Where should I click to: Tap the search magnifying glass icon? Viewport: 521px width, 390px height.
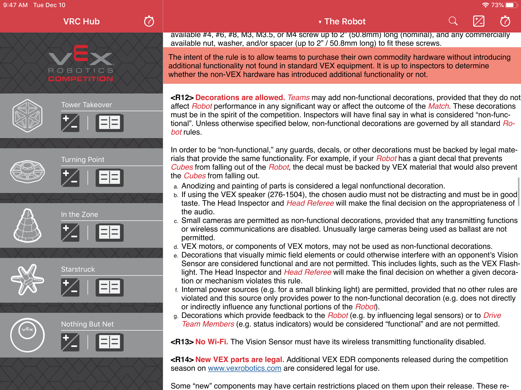(453, 21)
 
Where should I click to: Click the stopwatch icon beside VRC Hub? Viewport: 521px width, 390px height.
(149, 21)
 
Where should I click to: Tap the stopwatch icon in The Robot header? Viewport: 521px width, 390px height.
(505, 21)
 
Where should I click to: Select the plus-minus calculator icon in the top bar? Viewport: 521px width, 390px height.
(479, 21)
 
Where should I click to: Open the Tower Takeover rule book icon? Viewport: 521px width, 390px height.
(110, 123)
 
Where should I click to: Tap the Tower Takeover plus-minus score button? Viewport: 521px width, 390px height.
(70, 123)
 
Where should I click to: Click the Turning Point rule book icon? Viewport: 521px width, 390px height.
(110, 178)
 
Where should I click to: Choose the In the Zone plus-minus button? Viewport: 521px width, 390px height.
(70, 233)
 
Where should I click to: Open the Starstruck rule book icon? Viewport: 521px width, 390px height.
(110, 287)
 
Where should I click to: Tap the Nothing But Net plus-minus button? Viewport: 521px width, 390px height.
(70, 342)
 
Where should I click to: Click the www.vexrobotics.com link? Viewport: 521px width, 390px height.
(244, 368)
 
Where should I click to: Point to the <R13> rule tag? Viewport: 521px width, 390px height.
(182, 342)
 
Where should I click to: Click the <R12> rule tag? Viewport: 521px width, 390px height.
(182, 97)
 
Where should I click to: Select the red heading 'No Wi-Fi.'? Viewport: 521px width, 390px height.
(211, 342)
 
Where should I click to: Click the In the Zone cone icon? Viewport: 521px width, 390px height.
(27, 225)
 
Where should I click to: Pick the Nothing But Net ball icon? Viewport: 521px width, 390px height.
(27, 335)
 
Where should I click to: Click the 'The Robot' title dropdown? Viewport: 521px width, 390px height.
(342, 22)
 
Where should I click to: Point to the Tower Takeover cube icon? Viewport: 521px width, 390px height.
(27, 116)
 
